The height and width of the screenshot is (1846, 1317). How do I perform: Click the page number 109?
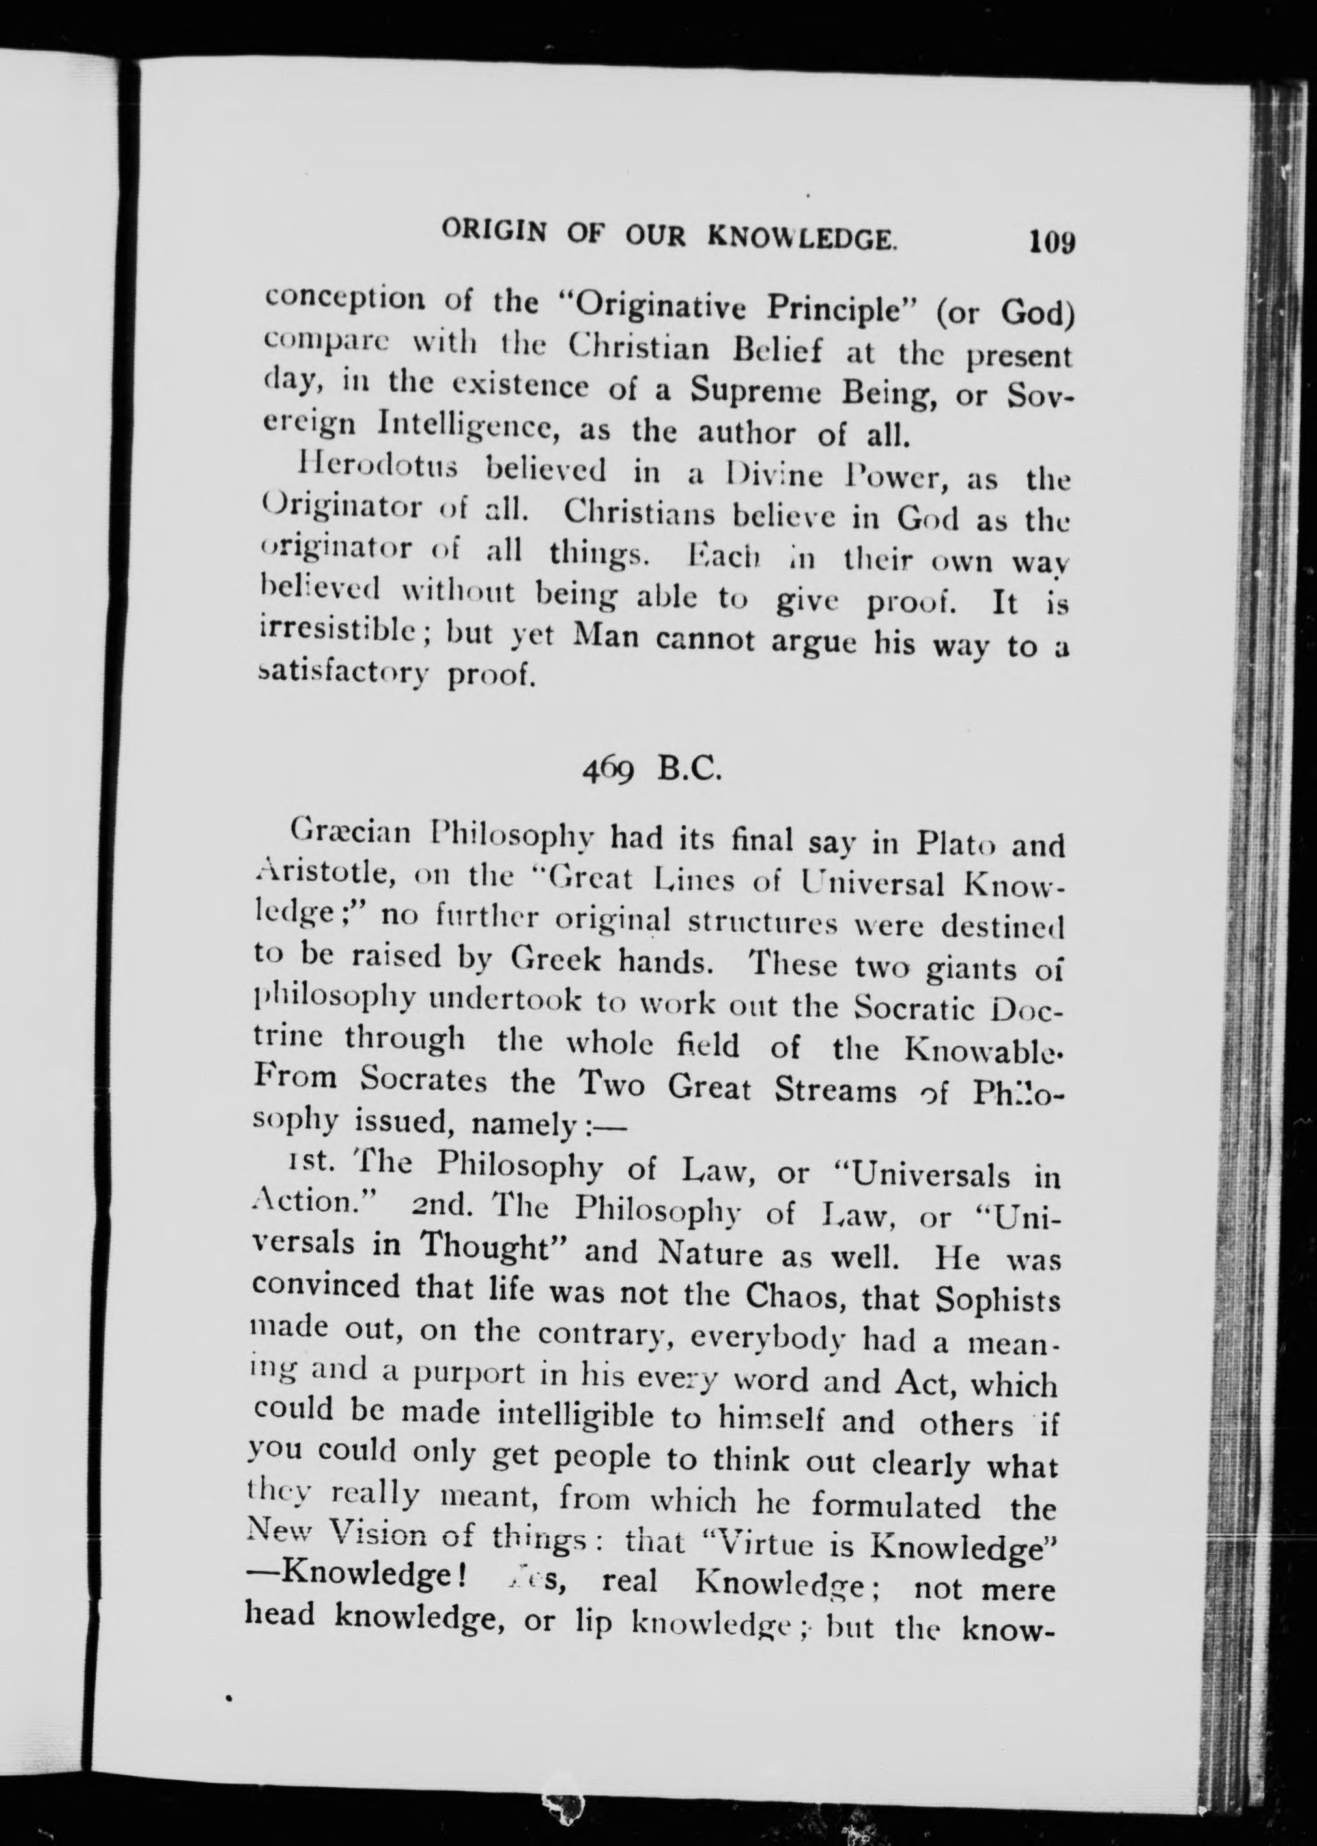pyautogui.click(x=1051, y=242)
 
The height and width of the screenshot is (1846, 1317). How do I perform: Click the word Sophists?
pyautogui.click(x=997, y=1300)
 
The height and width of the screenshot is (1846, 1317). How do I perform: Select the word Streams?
pyautogui.click(x=835, y=1090)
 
